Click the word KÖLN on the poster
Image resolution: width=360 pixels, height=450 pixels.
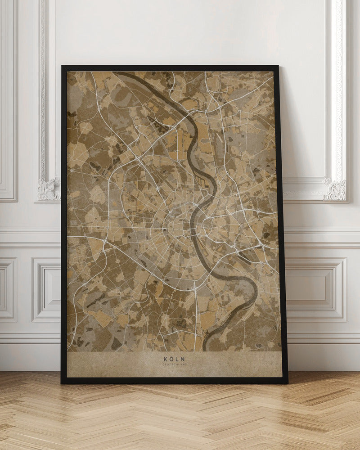tap(174, 359)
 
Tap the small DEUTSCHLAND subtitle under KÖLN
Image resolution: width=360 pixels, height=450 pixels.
tap(174, 364)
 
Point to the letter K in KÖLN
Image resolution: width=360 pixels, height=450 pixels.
tap(166, 359)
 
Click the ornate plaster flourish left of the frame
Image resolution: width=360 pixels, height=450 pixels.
tap(49, 189)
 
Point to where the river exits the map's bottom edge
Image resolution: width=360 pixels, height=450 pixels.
tap(205, 348)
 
